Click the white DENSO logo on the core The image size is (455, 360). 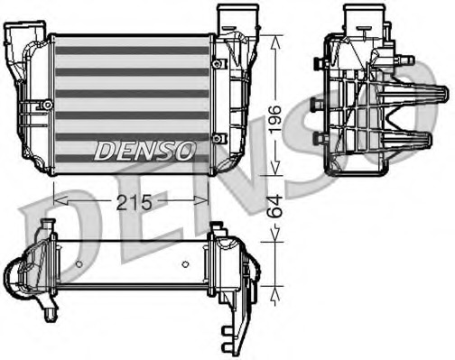click(x=144, y=150)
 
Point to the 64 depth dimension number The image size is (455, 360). click(x=282, y=210)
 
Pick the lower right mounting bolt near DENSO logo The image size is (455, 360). click(x=217, y=137)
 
